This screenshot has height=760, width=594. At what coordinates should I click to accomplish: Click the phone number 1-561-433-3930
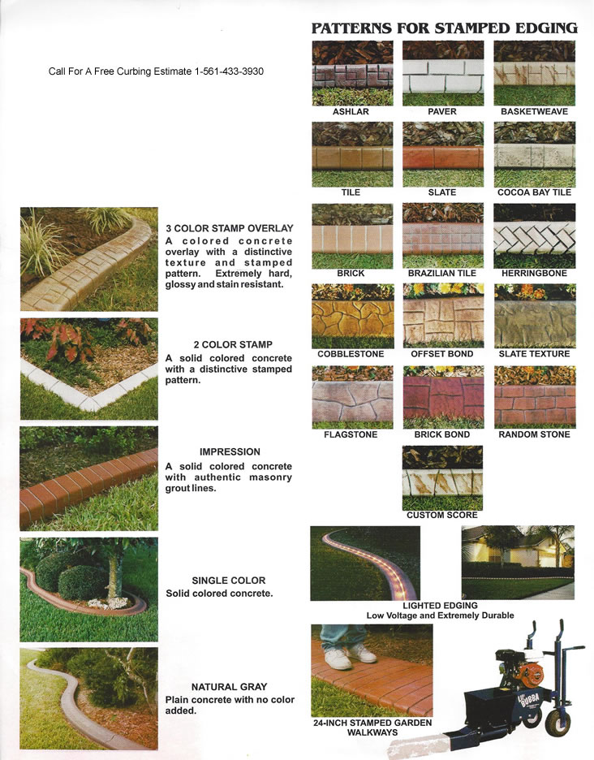coord(229,71)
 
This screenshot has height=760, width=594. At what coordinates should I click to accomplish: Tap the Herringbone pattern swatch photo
coord(535,236)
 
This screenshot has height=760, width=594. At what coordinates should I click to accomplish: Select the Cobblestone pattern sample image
coord(353,316)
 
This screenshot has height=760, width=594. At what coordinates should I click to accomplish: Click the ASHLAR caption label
coord(351,111)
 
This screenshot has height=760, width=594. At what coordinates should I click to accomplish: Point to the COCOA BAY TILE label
coord(535,192)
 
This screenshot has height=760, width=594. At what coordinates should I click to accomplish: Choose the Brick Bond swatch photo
coord(443,397)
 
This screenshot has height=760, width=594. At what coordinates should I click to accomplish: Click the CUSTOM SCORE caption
coord(442,516)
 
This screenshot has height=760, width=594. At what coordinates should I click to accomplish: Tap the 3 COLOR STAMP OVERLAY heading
coord(230,228)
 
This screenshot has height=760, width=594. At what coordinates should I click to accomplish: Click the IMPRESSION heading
coord(230,451)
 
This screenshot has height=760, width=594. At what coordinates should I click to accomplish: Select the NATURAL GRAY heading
coord(229,687)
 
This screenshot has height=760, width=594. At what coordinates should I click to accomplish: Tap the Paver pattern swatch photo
coord(443,73)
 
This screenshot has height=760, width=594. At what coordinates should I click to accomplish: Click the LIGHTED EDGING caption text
coord(440,606)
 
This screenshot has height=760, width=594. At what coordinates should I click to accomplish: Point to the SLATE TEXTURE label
coord(535,354)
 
